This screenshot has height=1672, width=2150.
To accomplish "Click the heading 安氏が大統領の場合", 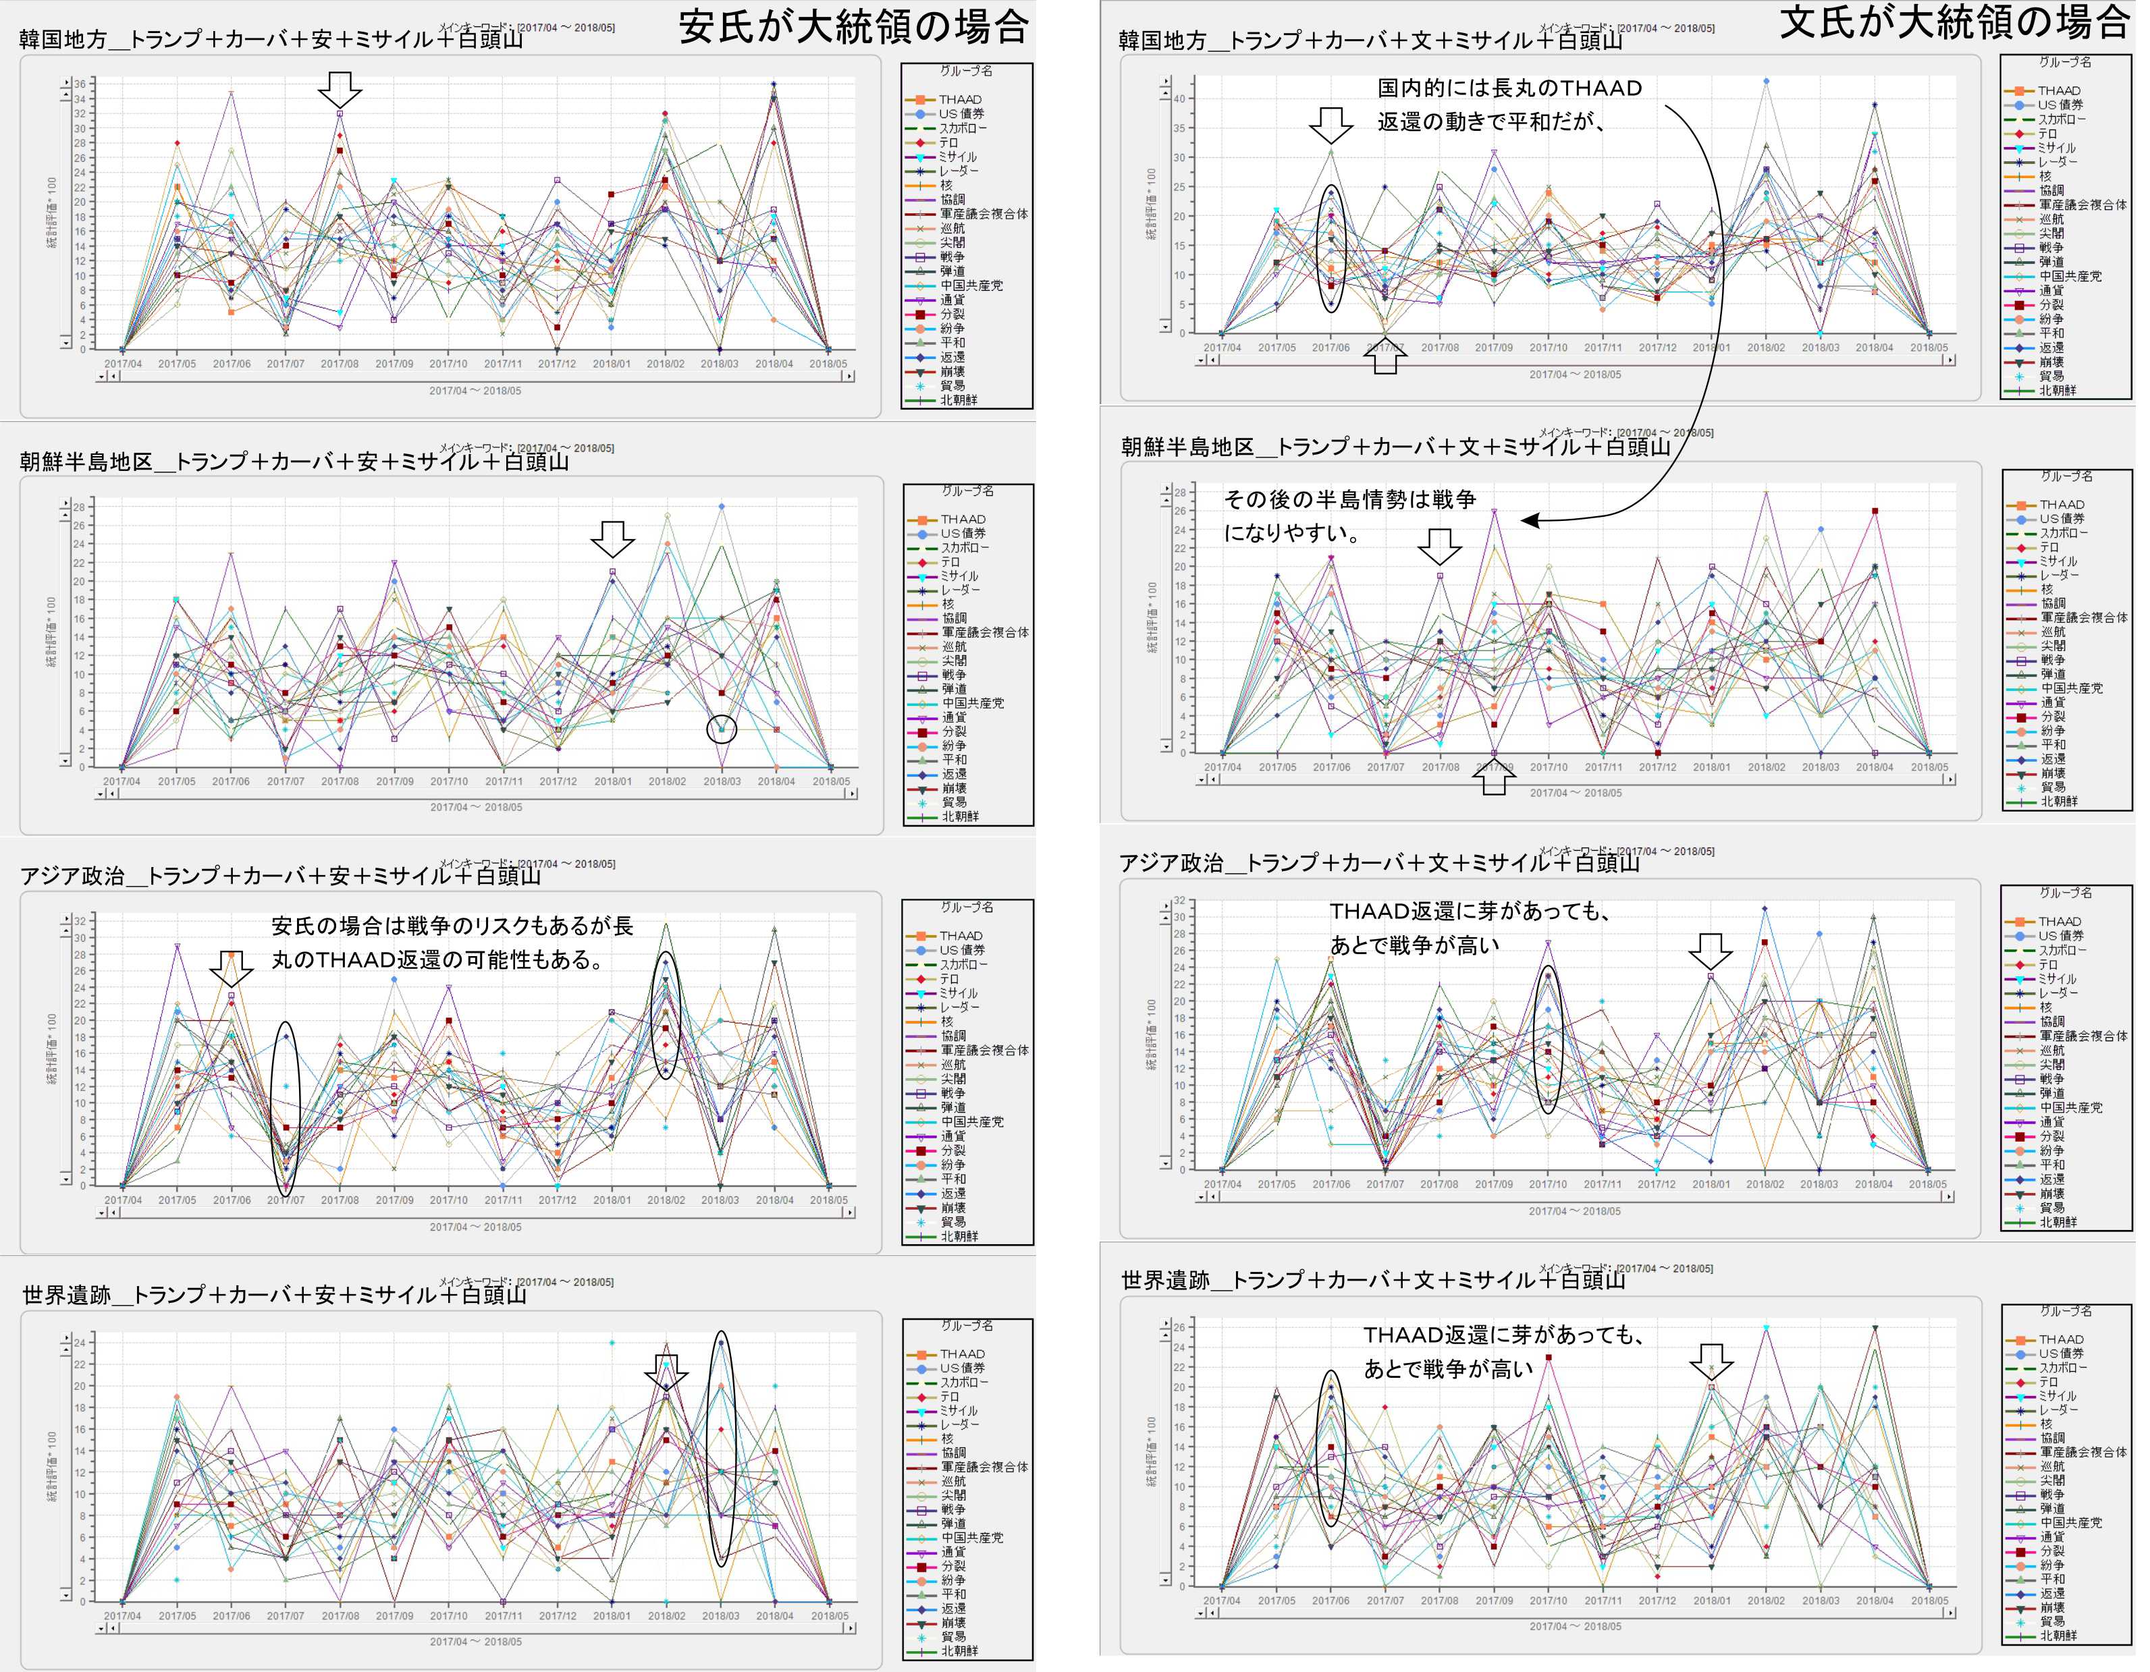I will pos(853,26).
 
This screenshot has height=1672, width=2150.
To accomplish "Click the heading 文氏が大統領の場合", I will pos(1954,22).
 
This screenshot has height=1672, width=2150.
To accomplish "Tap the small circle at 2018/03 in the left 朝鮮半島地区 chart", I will pos(722,729).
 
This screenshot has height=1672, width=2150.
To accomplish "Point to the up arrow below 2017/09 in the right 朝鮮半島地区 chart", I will pos(1493,779).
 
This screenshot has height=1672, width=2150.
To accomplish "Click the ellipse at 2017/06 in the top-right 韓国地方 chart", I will pos(1331,248).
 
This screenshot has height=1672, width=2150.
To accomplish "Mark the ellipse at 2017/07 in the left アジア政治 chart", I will pos(286,1109).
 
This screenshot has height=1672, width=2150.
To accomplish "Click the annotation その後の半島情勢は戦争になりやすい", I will pos(1349,515).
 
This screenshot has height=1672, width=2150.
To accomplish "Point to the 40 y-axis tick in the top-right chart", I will pos(1179,99).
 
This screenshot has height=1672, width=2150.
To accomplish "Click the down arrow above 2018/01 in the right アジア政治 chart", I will pos(1710,951).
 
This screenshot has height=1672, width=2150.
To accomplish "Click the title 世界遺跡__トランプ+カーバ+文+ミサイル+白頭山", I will pos(1373,1279).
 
